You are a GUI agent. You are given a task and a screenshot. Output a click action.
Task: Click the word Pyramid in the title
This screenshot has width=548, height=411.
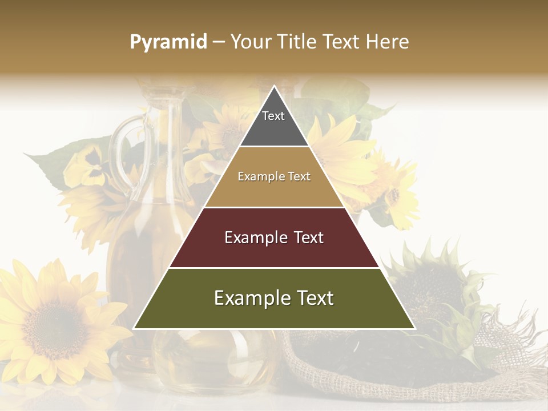tap(168, 42)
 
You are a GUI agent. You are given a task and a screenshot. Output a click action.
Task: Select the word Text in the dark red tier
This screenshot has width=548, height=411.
tap(306, 237)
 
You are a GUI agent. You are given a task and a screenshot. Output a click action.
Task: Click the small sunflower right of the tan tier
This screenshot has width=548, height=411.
tap(394, 194)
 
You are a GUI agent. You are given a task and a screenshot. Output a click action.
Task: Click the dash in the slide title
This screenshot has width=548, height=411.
tap(218, 42)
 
